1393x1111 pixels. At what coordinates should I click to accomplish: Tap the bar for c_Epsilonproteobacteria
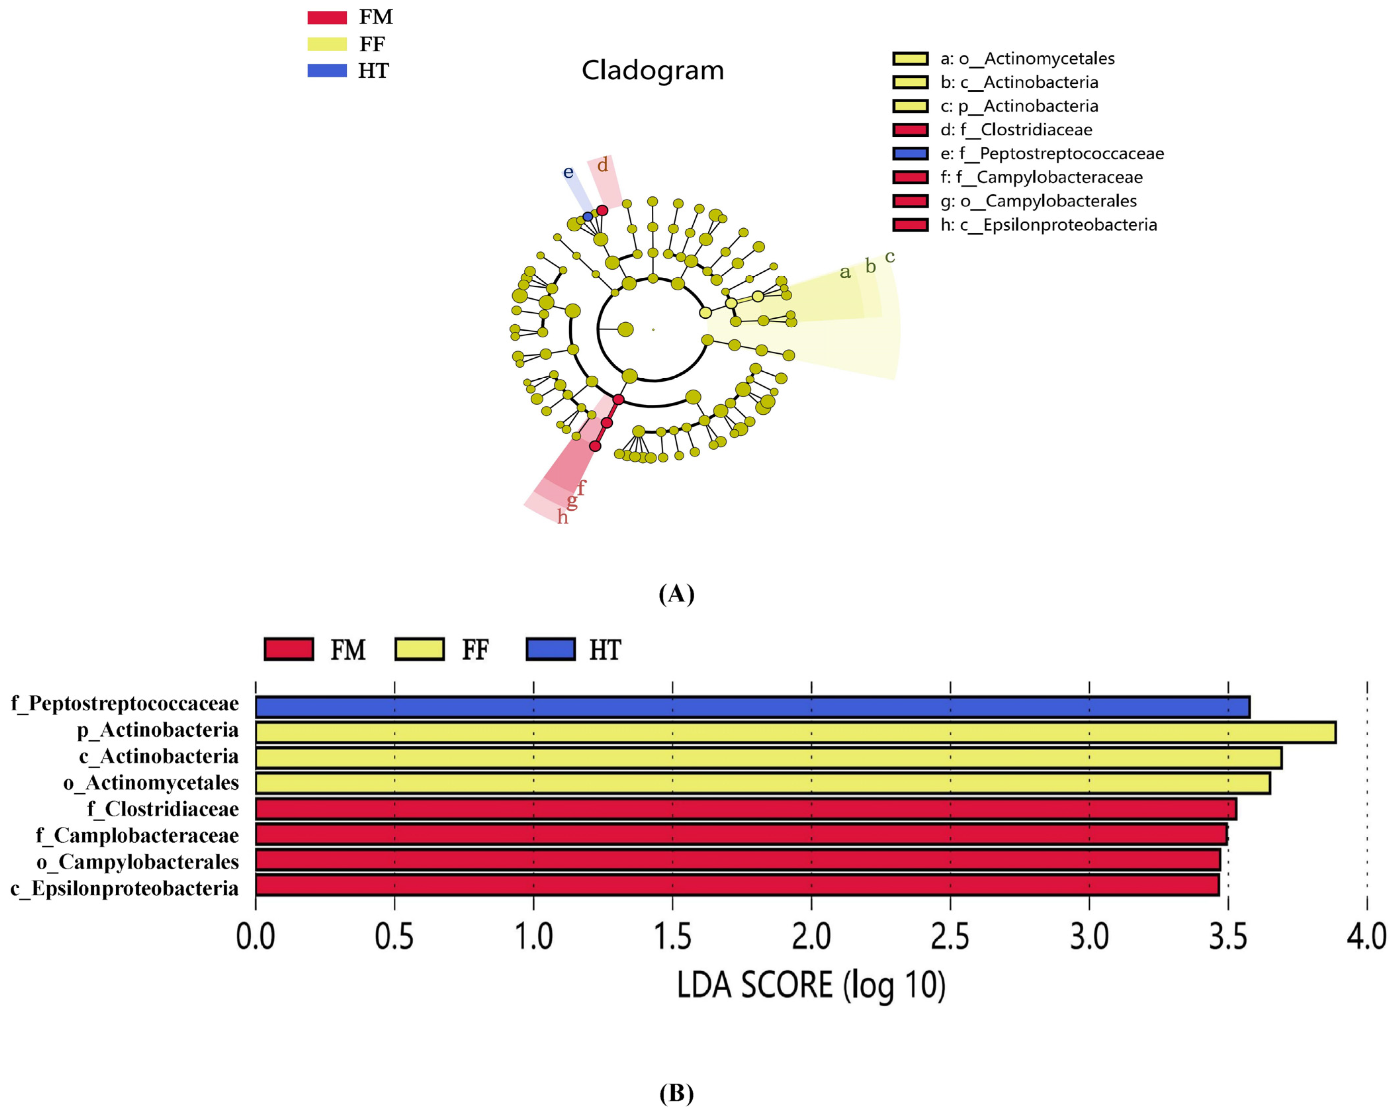[737, 885]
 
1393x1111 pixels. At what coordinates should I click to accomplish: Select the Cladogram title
[653, 70]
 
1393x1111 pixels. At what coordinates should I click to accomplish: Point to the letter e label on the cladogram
[568, 172]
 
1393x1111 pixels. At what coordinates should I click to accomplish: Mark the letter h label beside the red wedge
[563, 517]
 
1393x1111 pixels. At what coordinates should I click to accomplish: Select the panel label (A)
[676, 593]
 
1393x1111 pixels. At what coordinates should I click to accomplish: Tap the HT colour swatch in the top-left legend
[327, 70]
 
